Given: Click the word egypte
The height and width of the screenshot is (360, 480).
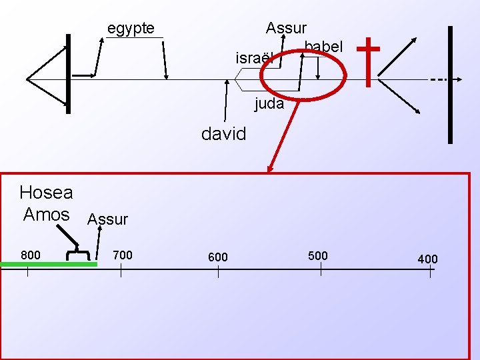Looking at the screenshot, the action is click(131, 28).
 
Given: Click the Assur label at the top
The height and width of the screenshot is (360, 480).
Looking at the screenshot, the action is click(286, 28).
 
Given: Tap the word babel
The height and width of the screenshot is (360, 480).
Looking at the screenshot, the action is click(323, 47).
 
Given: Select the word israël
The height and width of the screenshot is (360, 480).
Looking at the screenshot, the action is click(254, 58).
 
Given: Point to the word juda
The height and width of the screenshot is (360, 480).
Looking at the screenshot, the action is click(269, 104).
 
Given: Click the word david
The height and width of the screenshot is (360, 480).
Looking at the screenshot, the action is click(223, 134).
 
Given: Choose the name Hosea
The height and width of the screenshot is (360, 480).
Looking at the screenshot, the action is click(46, 193).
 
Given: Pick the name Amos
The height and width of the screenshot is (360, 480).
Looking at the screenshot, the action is click(46, 215).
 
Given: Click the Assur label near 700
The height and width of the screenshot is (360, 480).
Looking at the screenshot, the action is click(107, 219).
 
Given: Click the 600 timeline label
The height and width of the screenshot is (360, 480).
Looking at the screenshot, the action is click(217, 257).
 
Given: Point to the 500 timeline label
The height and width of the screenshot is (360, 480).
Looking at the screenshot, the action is click(318, 255).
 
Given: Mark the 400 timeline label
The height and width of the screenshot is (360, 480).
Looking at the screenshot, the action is click(428, 259).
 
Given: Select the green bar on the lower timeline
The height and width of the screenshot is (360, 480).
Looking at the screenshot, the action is click(49, 265).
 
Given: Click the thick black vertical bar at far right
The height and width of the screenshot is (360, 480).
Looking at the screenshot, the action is click(451, 85).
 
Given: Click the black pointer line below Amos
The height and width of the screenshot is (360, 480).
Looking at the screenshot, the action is click(67, 235).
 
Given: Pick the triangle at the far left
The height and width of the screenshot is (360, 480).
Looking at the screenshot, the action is click(43, 79).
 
